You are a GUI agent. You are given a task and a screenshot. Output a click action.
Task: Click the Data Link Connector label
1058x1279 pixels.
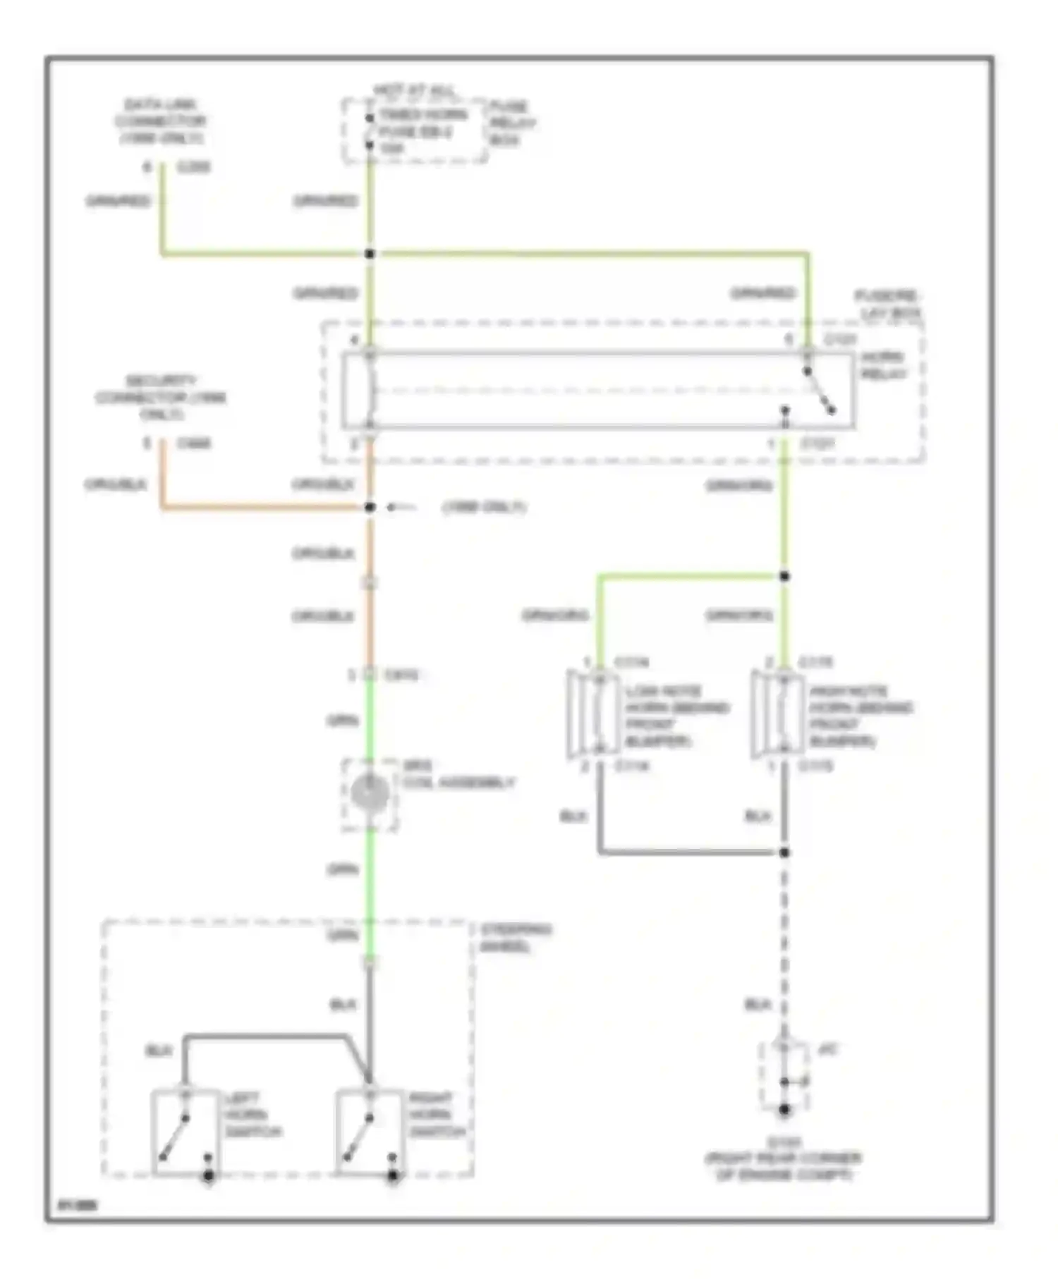pos(161,121)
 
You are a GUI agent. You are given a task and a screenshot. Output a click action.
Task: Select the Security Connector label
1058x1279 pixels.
pos(161,397)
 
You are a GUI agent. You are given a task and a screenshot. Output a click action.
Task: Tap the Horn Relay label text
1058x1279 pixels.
pos(882,365)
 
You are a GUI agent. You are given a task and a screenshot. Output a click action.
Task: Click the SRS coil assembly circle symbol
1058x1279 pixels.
pos(370,793)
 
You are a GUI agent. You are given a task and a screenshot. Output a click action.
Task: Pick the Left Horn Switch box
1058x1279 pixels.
pos(185,1132)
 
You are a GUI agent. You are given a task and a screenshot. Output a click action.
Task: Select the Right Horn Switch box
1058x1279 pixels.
pos(369,1132)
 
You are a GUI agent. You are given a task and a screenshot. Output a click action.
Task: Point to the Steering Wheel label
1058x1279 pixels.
pos(515,938)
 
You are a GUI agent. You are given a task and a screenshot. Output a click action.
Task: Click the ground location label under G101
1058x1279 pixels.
pos(783,1166)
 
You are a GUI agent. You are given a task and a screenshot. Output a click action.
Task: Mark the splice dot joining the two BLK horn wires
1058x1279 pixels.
pos(784,852)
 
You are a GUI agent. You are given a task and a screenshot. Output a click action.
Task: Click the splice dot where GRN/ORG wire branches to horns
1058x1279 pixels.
pos(784,576)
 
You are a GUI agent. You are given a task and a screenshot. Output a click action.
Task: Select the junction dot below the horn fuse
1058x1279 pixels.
pos(370,253)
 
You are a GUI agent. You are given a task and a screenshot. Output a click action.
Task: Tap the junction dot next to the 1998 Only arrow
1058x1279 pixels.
pos(370,507)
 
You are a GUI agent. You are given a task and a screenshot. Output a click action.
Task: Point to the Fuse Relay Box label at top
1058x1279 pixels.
pos(511,123)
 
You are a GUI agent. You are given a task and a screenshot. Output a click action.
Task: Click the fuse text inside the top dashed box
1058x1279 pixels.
pos(422,131)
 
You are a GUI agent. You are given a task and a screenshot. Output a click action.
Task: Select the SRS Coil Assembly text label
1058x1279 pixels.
pos(458,775)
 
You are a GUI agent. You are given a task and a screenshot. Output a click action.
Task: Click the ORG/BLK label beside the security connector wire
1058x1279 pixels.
pos(116,484)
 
